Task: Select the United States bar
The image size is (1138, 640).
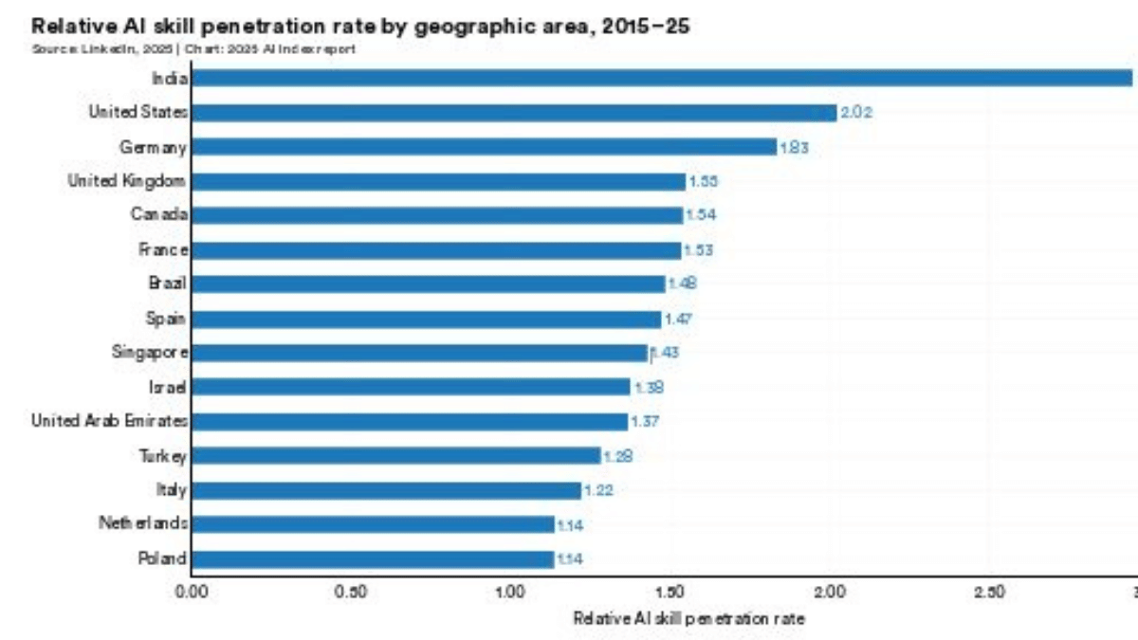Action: [x=513, y=113]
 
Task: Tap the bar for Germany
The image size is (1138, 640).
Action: [x=484, y=147]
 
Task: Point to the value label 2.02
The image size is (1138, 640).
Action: [x=856, y=113]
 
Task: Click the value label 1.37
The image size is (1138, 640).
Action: [x=645, y=422]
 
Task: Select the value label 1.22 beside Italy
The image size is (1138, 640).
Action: [x=598, y=490]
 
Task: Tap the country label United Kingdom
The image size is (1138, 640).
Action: [x=126, y=181]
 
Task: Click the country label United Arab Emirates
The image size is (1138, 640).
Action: [x=109, y=421]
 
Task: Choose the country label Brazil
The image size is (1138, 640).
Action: [x=167, y=283]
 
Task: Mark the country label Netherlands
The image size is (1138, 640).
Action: [x=142, y=523]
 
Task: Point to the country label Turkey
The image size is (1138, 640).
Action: [x=162, y=456]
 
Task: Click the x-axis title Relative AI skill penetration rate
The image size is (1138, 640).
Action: [x=688, y=618]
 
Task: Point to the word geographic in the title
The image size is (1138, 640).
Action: [x=459, y=27]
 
